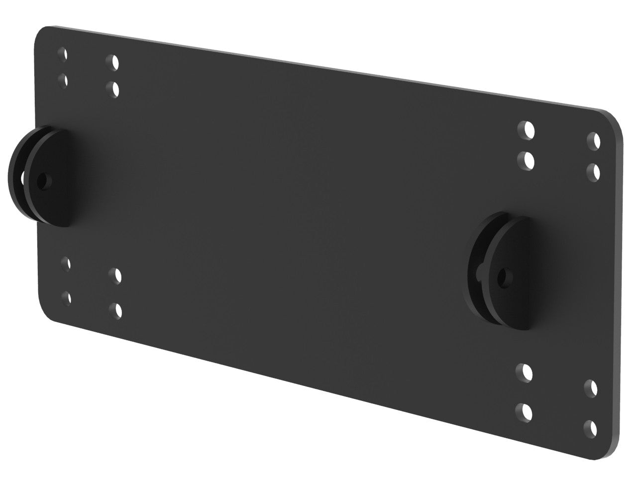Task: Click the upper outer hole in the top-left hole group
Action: (x=63, y=54)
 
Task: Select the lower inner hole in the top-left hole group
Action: (x=115, y=89)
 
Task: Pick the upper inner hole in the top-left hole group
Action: (x=114, y=62)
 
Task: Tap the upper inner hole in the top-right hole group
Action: (x=529, y=130)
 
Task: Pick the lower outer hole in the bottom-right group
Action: (x=591, y=427)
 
